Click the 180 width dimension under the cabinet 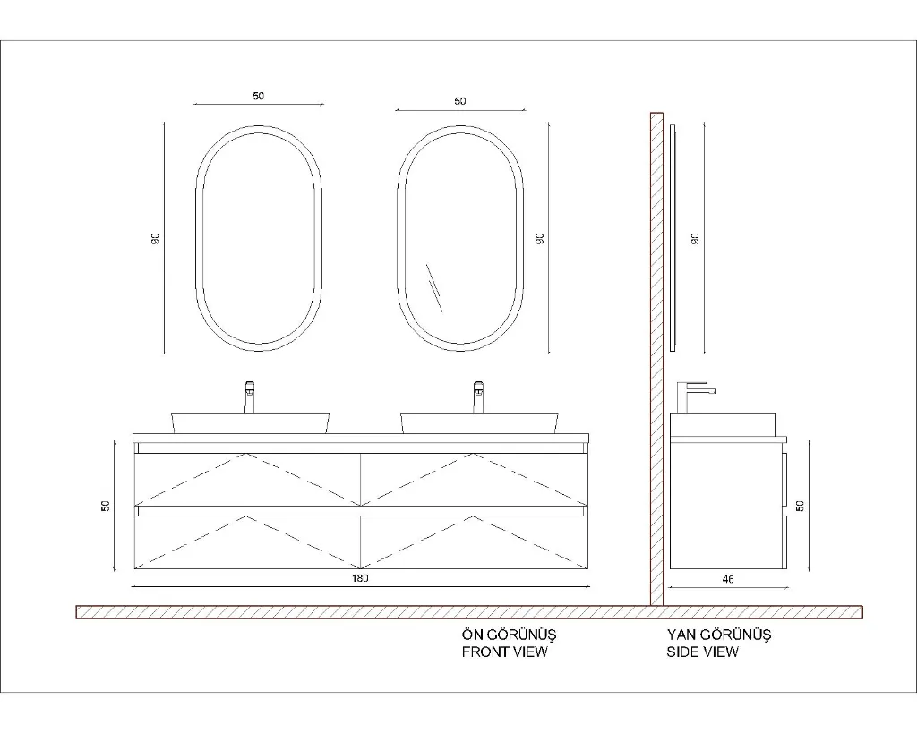click(360, 578)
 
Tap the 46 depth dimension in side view click(727, 579)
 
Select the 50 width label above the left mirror click(259, 96)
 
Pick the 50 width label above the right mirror click(460, 101)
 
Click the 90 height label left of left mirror click(155, 238)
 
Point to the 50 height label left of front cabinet click(106, 506)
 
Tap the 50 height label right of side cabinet click(800, 506)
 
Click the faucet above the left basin click(249, 396)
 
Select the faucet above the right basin click(478, 396)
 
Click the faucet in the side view click(694, 397)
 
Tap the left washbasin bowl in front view click(251, 424)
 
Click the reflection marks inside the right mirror click(434, 288)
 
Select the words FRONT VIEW click(505, 652)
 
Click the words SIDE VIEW click(702, 652)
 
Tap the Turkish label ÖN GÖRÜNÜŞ click(509, 635)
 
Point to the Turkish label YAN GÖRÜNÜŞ click(719, 635)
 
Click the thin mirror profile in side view click(673, 238)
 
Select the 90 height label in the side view click(695, 238)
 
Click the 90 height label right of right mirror click(540, 238)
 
